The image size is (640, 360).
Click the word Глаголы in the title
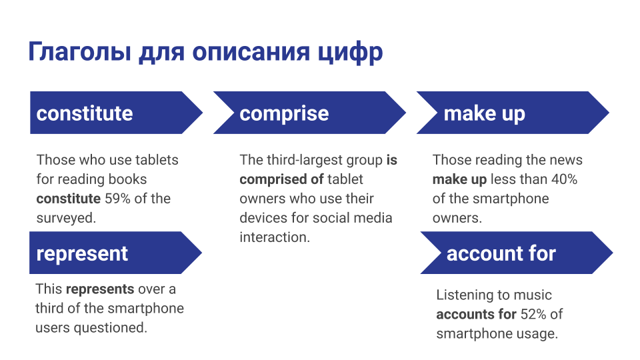[x=80, y=51]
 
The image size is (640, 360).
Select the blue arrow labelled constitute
[x=116, y=113]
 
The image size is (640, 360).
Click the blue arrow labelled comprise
[x=309, y=113]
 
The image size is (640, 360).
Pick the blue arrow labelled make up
[x=513, y=113]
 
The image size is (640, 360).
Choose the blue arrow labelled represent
[x=115, y=253]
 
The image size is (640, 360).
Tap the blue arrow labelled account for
[x=517, y=253]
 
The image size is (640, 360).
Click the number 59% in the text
[x=117, y=199]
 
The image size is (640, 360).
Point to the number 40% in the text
[x=564, y=179]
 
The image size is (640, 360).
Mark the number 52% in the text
[x=533, y=314]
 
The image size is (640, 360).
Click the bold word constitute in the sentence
[x=69, y=199]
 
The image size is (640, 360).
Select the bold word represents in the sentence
[x=100, y=289]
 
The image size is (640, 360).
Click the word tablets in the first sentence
[x=157, y=160]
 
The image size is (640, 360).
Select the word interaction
[x=275, y=237]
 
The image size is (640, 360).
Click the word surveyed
[x=66, y=218]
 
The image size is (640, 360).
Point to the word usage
[x=537, y=334]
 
